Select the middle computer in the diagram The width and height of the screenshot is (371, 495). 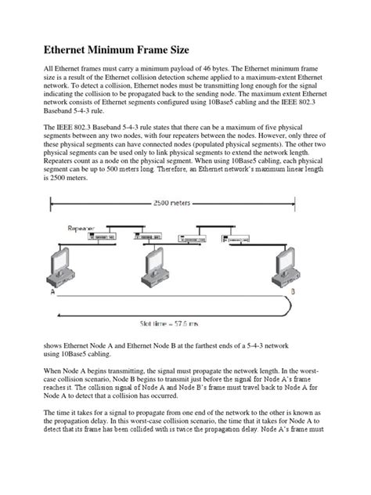(x=160, y=267)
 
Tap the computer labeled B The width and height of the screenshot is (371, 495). (x=293, y=266)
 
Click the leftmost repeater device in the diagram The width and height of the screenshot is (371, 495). (x=104, y=234)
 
